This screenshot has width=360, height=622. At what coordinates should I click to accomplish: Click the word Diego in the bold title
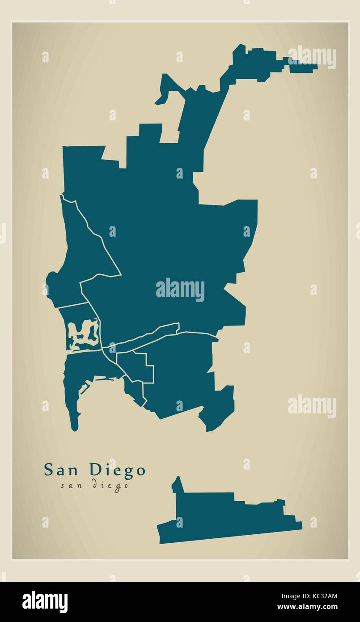(118, 470)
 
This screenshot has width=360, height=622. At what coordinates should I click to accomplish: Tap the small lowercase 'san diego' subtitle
(95, 485)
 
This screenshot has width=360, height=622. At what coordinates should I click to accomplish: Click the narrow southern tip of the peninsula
(75, 423)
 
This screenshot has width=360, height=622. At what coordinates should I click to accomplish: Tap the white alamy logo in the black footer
(45, 602)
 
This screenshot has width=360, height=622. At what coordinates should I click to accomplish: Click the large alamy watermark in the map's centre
(180, 290)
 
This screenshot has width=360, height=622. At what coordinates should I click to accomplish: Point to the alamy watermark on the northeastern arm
(312, 58)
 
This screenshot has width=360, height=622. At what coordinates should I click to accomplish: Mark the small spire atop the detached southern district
(178, 484)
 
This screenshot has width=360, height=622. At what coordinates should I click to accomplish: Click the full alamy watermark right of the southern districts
(312, 406)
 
